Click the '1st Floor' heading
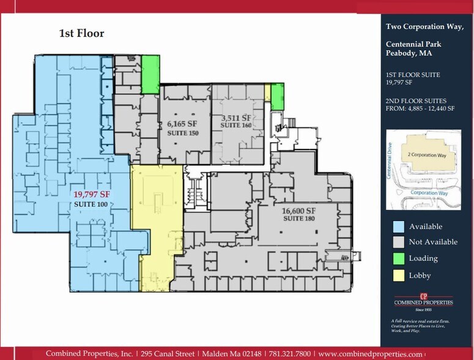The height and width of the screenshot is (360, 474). [81, 33]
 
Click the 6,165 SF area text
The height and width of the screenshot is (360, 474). [182, 123]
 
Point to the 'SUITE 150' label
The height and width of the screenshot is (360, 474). [182, 133]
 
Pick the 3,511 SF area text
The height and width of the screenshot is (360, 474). [236, 118]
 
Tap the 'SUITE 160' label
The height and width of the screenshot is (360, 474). [236, 126]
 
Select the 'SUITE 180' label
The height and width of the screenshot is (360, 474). [298, 219]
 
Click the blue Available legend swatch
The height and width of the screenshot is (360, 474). [398, 227]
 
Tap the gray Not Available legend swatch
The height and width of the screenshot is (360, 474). [398, 242]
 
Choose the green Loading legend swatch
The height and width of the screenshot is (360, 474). [398, 258]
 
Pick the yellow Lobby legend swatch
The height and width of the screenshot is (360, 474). [398, 276]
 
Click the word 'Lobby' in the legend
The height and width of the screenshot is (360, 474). [420, 276]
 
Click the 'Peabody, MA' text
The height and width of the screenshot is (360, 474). [408, 53]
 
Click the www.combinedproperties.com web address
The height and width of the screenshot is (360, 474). [370, 354]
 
